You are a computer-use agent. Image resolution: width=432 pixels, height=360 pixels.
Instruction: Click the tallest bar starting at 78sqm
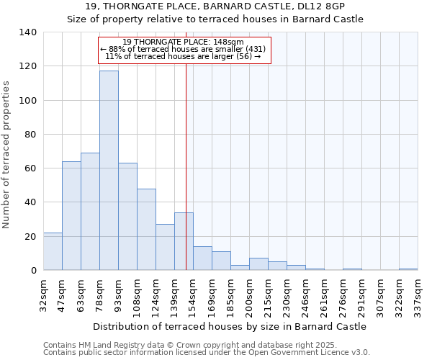pyautogui.click(x=109, y=171)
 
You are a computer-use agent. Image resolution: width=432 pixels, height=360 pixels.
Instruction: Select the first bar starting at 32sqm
pyautogui.click(x=53, y=251)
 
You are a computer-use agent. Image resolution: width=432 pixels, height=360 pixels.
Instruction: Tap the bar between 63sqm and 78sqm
pyautogui.click(x=90, y=212)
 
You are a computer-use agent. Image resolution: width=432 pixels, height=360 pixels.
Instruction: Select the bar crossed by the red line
pyautogui.click(x=184, y=241)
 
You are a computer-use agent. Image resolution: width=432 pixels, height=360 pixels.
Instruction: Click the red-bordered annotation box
pyautogui.click(x=185, y=50)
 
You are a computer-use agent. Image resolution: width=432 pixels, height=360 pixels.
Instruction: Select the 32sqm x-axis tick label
pyautogui.click(x=44, y=293)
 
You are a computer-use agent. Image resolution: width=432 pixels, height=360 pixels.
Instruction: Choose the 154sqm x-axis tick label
pyautogui.click(x=194, y=293)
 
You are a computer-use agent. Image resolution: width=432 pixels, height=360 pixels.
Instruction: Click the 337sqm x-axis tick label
pyautogui.click(x=418, y=293)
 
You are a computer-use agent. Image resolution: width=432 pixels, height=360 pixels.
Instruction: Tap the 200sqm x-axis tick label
pyautogui.click(x=250, y=293)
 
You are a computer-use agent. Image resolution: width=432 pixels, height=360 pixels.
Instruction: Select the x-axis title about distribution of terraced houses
pyautogui.click(x=230, y=326)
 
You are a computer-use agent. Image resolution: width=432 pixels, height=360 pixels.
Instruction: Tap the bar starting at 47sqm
pyautogui.click(x=71, y=216)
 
